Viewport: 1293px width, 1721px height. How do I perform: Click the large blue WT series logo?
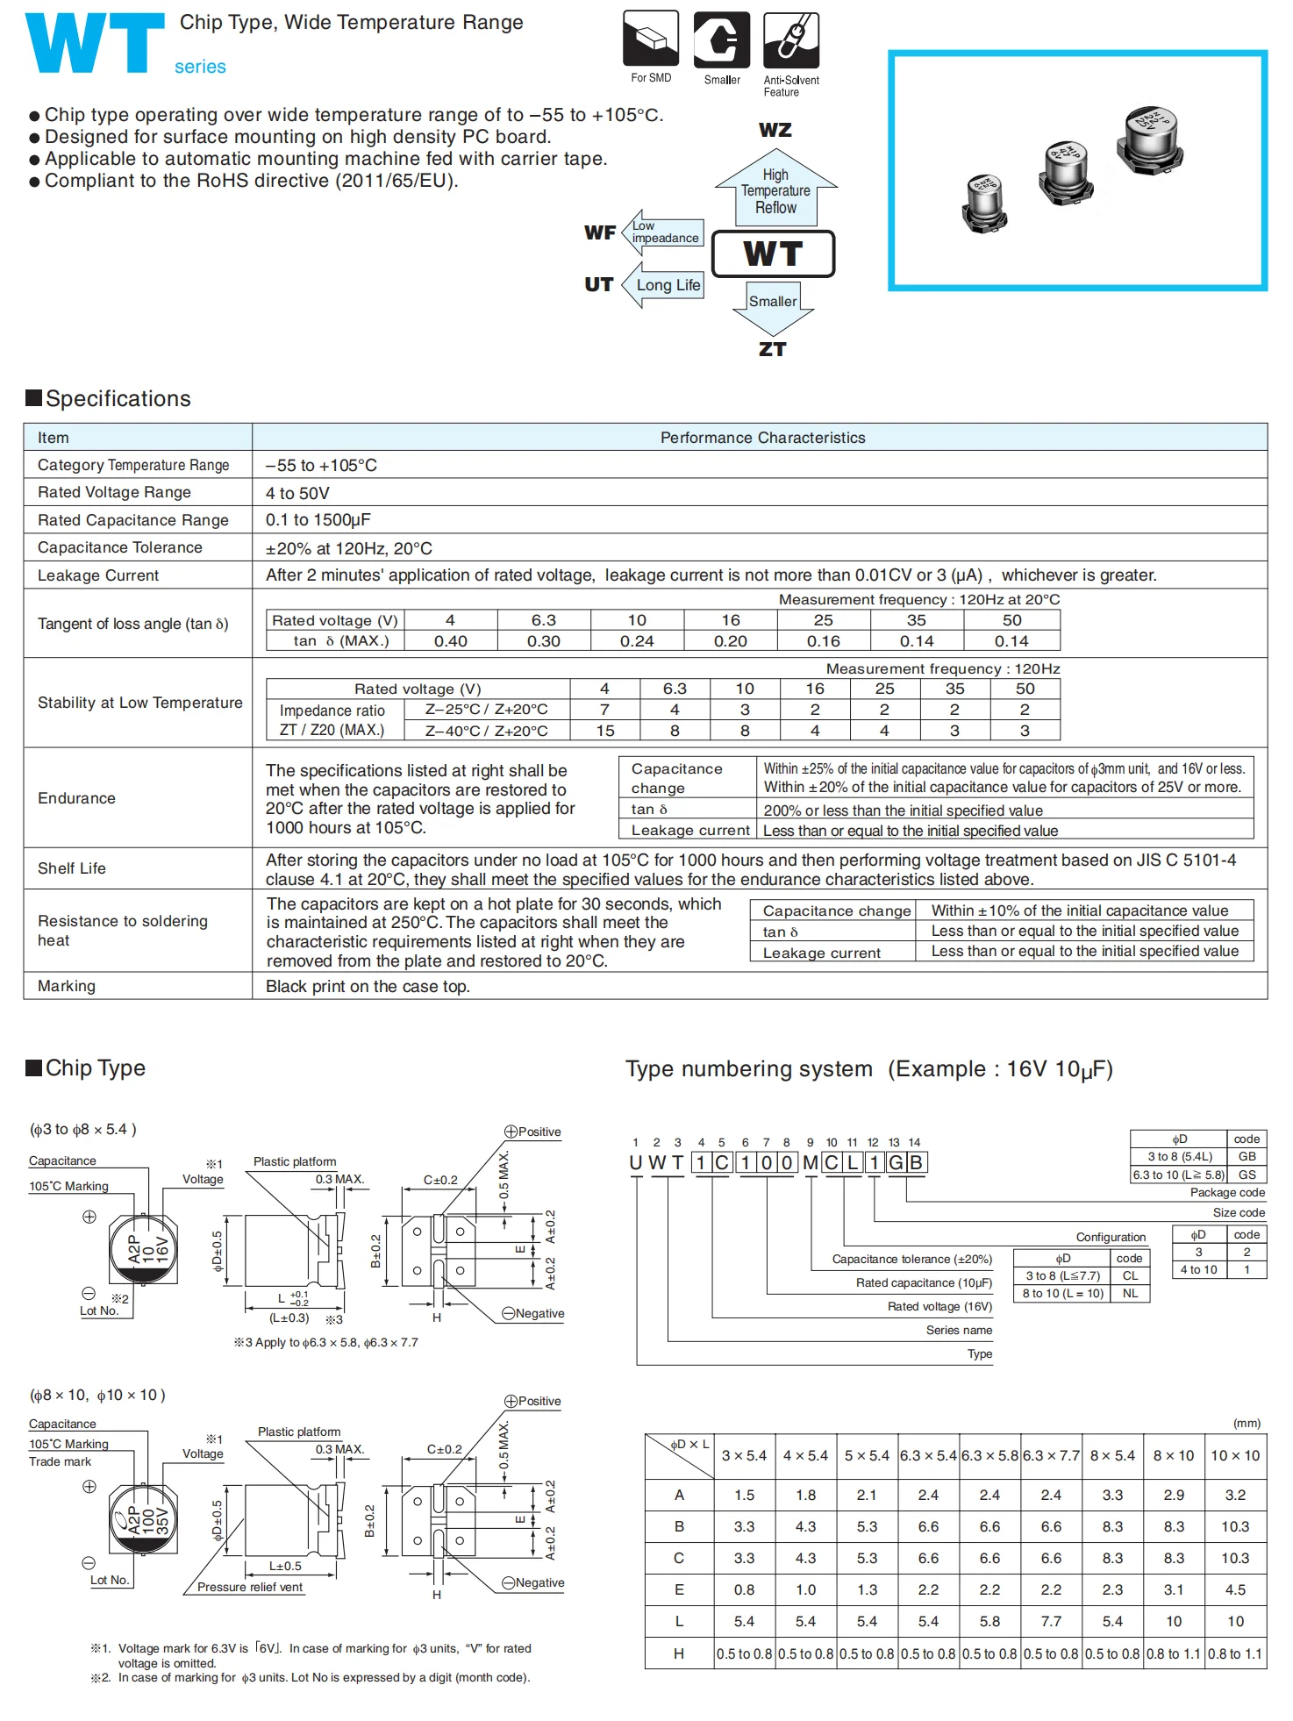(x=95, y=43)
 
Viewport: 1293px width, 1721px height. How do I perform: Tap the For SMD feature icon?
(x=651, y=39)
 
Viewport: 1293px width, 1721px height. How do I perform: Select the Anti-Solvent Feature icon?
(x=791, y=40)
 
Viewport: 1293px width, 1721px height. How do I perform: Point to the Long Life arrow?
(x=664, y=285)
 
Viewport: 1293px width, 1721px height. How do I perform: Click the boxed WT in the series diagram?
(x=773, y=254)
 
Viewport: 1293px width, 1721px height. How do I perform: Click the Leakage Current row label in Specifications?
(x=98, y=575)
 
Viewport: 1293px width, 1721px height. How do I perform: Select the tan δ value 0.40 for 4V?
(x=450, y=641)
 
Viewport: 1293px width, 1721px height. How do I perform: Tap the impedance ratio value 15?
(x=605, y=731)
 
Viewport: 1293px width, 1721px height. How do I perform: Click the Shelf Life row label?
(x=72, y=868)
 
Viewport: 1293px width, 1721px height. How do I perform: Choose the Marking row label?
(x=67, y=986)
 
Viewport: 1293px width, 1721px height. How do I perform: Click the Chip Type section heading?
(x=95, y=1068)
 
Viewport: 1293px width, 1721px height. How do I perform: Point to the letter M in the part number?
(x=810, y=1163)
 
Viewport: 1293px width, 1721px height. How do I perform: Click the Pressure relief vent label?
(x=250, y=1587)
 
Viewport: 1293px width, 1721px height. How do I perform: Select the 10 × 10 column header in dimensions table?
(x=1235, y=1456)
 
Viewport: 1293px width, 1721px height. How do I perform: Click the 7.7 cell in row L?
(x=1051, y=1622)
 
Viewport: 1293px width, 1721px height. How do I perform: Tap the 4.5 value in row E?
(x=1235, y=1590)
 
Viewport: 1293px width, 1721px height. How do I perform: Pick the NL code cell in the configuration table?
(x=1130, y=1294)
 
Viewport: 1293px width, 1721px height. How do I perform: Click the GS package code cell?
(x=1247, y=1175)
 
